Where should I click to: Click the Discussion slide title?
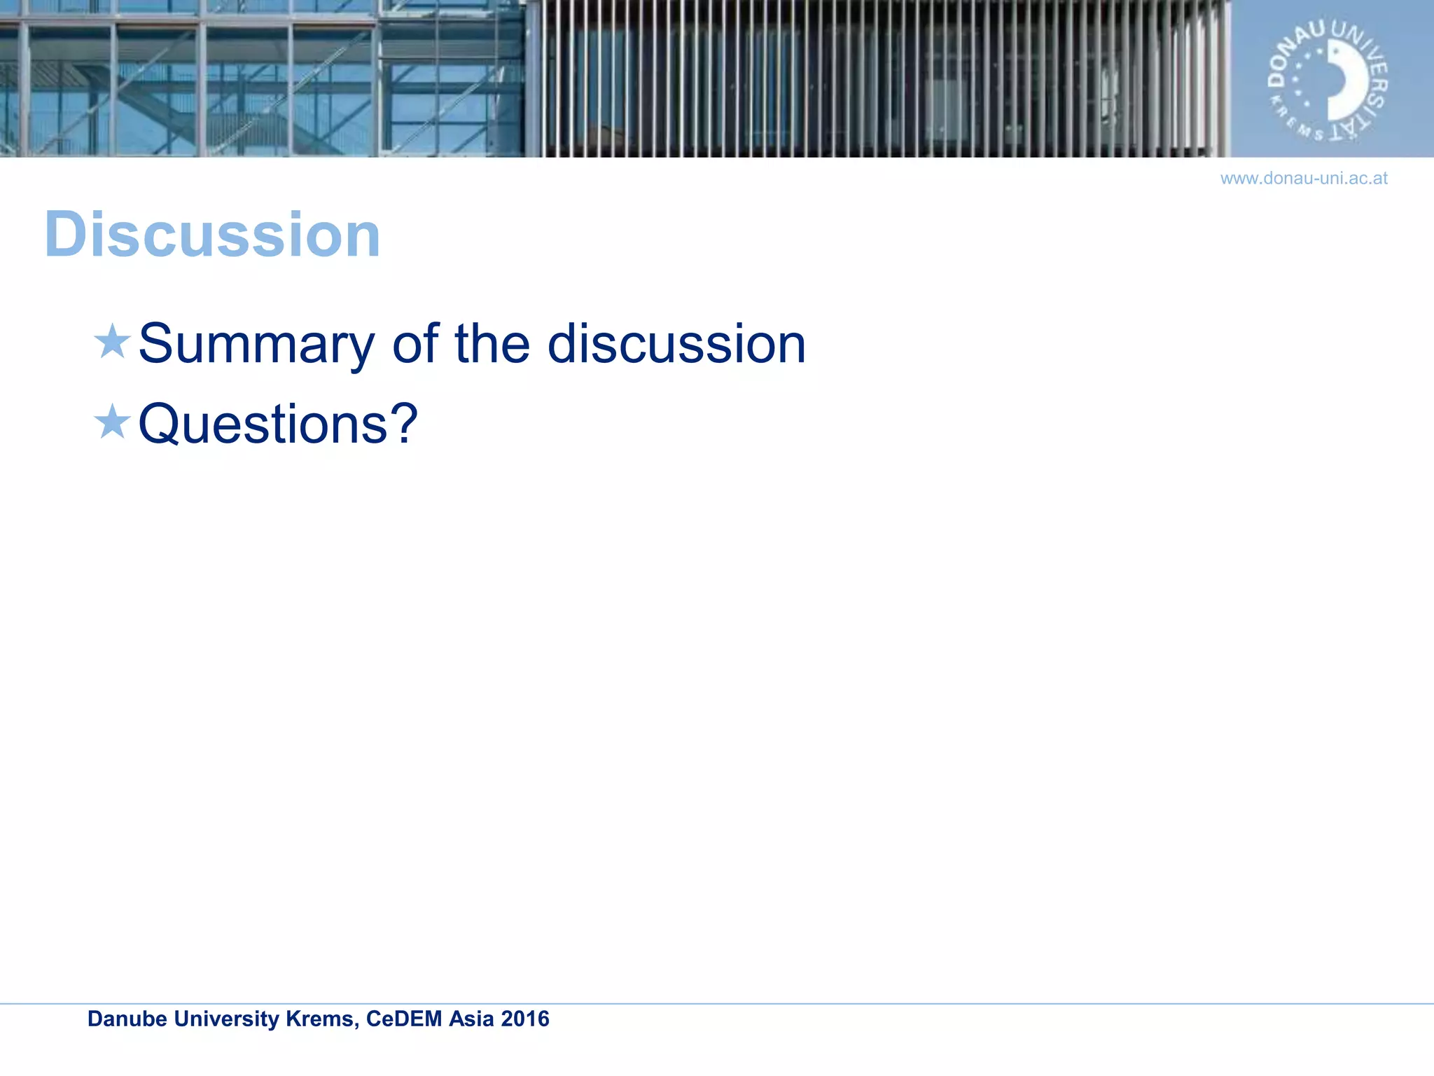pos(212,235)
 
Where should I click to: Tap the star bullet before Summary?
pos(112,342)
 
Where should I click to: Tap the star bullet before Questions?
pos(112,422)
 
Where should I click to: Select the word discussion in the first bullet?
pos(676,344)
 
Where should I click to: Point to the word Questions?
pos(263,425)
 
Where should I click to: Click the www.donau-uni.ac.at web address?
pos(1304,179)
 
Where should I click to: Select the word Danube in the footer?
pos(127,1019)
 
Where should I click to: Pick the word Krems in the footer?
pos(323,1019)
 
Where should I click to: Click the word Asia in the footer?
pos(471,1019)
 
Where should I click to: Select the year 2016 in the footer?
pos(525,1019)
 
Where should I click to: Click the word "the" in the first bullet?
pos(492,344)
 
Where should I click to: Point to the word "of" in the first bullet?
pos(415,344)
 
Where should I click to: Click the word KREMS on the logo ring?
pos(1296,122)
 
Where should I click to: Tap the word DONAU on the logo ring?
pos(1292,56)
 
